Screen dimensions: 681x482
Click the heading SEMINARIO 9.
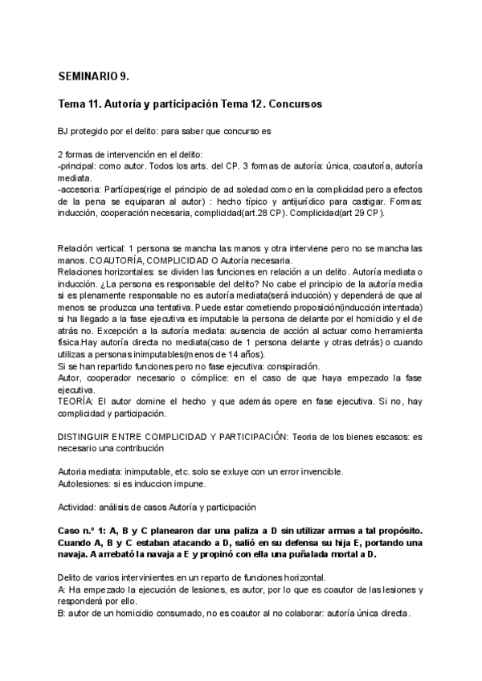93,77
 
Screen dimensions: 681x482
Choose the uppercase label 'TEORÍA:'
76,402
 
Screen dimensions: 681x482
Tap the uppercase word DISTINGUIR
87,436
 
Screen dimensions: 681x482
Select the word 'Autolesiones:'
87,483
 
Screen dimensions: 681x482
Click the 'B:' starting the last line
63,613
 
